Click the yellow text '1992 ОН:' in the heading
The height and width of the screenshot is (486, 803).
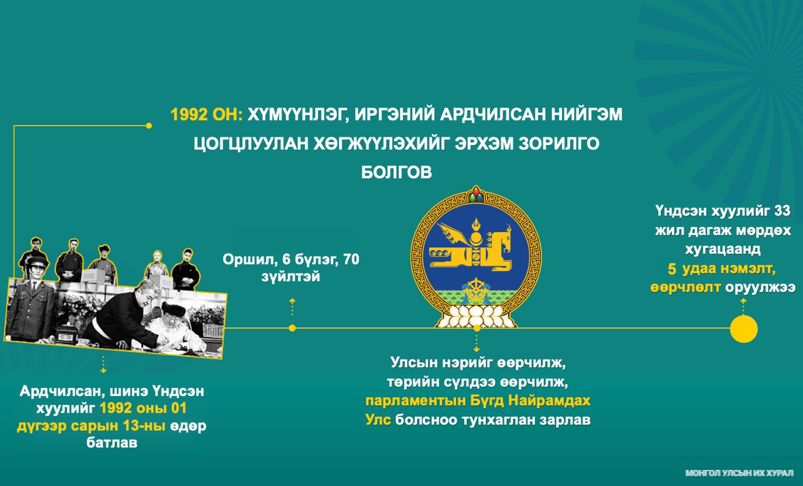pos(207,115)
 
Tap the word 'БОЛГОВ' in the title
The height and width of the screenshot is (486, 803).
pos(396,173)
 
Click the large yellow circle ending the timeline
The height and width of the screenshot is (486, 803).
pos(743,329)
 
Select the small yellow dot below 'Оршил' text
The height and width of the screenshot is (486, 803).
pos(292,328)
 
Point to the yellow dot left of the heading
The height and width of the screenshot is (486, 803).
pos(149,126)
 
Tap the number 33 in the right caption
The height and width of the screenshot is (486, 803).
pos(782,210)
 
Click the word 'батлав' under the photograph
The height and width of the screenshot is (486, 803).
pos(112,443)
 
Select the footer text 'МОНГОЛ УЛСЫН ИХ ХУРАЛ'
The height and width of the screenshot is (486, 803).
pos(739,473)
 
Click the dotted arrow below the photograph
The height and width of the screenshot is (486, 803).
pos(103,365)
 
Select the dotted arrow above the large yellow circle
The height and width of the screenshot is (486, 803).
pos(743,307)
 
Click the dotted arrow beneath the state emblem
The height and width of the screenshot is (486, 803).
pos(476,343)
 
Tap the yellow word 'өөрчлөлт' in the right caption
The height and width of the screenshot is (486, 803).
pos(685,287)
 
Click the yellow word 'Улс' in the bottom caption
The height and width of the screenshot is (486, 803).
pos(378,419)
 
